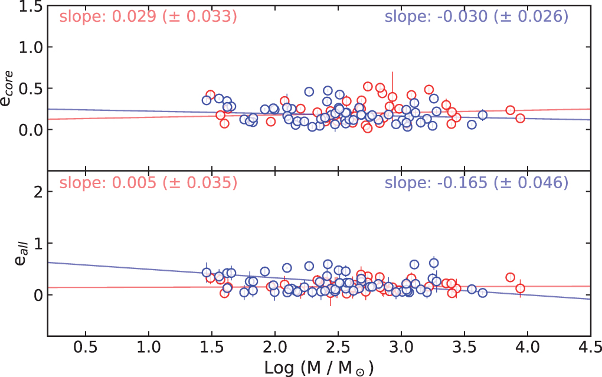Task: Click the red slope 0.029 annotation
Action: (148, 17)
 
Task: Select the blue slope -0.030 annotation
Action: (476, 17)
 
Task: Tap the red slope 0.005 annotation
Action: (148, 183)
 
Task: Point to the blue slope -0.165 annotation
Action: (476, 183)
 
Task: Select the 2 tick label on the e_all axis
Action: (34, 192)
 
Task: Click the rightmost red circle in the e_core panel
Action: (520, 118)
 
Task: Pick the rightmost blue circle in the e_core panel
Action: (482, 115)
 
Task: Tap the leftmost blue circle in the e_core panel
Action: (207, 100)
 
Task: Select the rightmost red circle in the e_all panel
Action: (520, 289)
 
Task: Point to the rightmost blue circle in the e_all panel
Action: (482, 293)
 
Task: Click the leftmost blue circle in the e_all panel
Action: (207, 273)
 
